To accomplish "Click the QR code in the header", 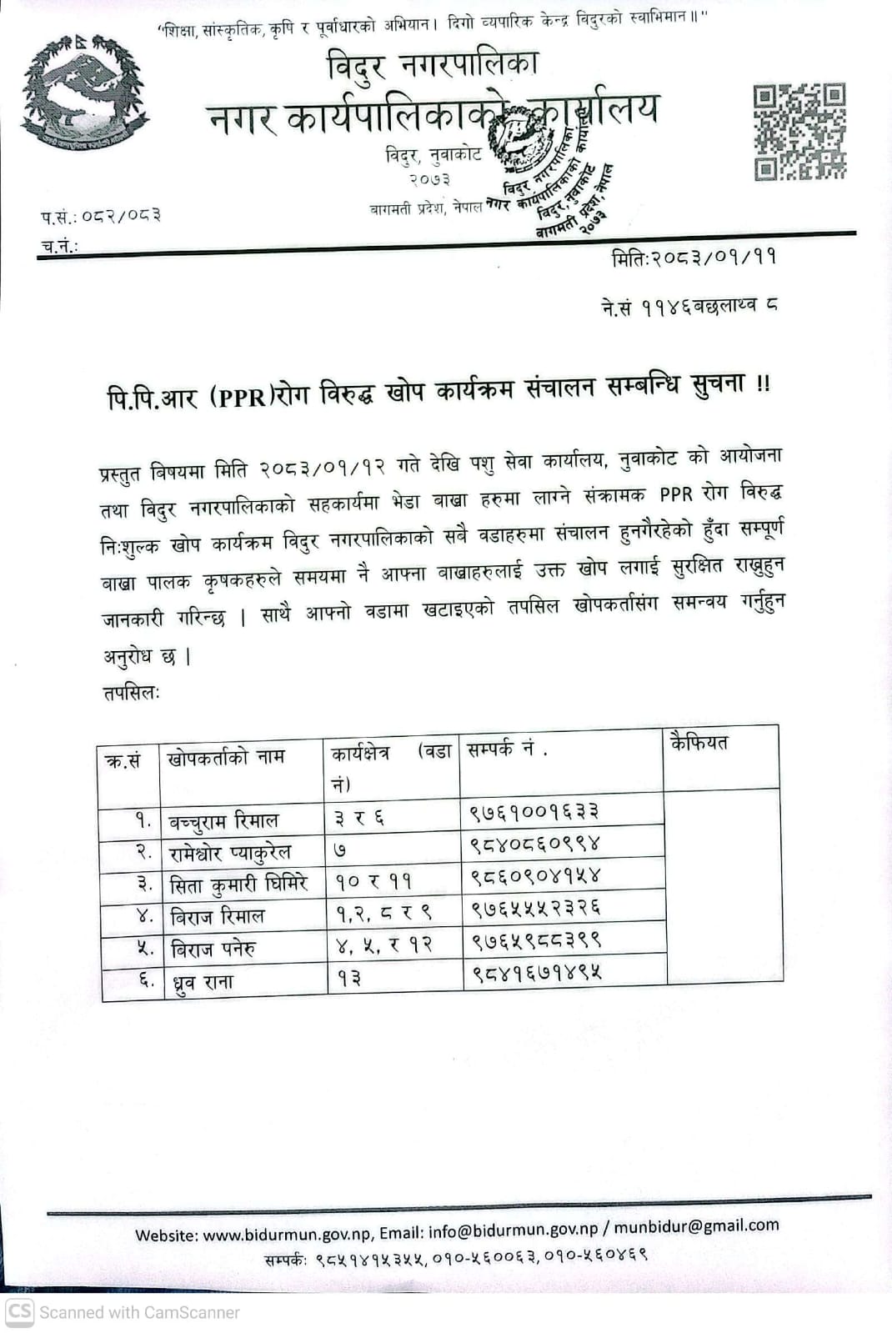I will (x=799, y=131).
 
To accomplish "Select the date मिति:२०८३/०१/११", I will (x=694, y=258).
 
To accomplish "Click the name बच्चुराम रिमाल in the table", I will (x=224, y=821).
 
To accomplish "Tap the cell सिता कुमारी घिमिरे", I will (x=238, y=884).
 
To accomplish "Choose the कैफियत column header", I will (x=699, y=742).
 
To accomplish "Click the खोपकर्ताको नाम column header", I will (x=226, y=757).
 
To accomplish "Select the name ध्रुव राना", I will (x=202, y=982).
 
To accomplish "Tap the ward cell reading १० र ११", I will (x=373, y=881).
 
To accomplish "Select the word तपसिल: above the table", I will (x=131, y=693).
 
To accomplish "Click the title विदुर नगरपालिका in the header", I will (x=433, y=65).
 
